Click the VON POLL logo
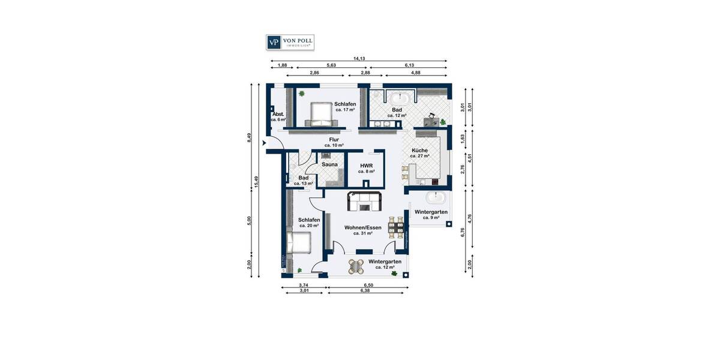(290, 42)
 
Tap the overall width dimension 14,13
(359, 58)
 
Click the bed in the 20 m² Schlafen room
(298, 244)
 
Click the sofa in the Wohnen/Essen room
(364, 202)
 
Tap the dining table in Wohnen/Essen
(396, 226)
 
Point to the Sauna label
(329, 164)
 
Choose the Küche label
(419, 151)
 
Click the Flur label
(334, 140)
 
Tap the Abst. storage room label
(278, 114)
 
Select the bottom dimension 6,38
(364, 290)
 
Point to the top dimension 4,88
(415, 72)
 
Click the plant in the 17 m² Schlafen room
(302, 93)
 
